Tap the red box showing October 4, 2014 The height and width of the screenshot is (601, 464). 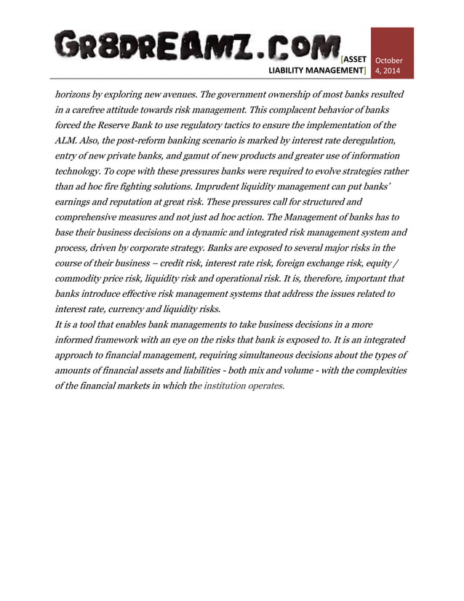click(392, 53)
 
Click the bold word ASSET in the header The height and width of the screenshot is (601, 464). click(355, 59)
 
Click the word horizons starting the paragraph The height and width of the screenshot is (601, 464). click(76, 95)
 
